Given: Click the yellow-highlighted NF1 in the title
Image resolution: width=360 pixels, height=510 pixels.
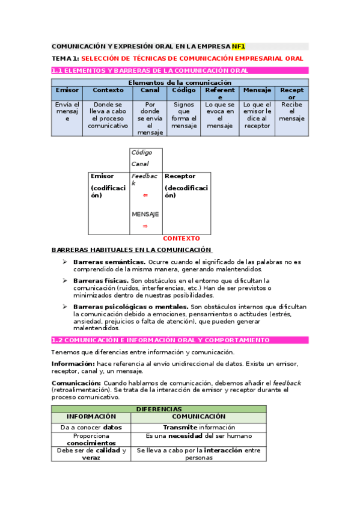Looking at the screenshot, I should coord(239,46).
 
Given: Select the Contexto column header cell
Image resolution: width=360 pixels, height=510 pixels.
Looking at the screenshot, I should coord(108,90).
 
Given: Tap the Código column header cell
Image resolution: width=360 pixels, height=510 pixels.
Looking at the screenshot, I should coord(184,90).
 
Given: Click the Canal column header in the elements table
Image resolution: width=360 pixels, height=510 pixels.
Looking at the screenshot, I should coord(150,90).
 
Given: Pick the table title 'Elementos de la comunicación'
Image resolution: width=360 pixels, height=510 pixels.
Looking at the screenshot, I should coord(180,82).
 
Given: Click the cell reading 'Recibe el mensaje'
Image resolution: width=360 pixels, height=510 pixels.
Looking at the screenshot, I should coord(292,111).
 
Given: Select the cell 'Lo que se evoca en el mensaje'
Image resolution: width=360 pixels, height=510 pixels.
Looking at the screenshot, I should coord(220,115).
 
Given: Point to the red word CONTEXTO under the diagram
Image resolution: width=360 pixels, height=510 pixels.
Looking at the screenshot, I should coord(182,239).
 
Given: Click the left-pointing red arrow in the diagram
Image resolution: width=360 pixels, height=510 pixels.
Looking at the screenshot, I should coord(145,195).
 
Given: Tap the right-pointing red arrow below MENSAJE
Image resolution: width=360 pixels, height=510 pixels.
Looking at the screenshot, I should coord(145,226).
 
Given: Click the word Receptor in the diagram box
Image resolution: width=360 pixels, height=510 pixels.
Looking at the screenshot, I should coord(180,176).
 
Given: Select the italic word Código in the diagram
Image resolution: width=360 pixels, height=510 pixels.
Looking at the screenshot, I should coord(142,153).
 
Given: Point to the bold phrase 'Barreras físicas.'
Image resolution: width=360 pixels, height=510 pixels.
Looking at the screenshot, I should coord(100,281).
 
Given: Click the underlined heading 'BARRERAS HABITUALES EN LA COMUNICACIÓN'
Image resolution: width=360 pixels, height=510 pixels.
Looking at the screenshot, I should coord(132,250).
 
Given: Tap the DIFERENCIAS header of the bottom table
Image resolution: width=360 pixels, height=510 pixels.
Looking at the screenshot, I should coord(159,409).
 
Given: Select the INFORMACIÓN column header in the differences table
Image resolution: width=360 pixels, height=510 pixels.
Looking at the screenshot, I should coord(91,416).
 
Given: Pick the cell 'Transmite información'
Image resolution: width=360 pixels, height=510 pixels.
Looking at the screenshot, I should coord(198,428).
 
